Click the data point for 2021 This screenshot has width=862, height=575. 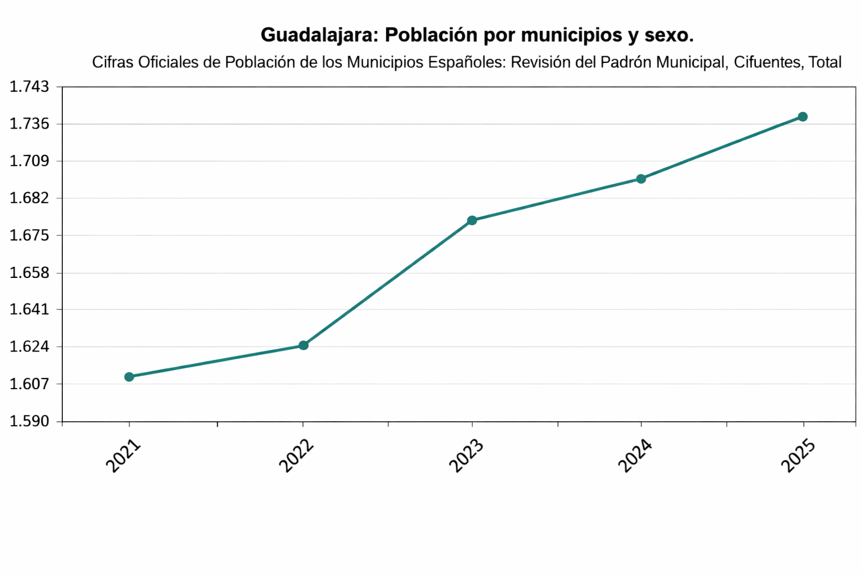pyautogui.click(x=129, y=377)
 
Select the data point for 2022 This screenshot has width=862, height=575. pyautogui.click(x=303, y=345)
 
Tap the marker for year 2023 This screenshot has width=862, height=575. pyautogui.click(x=472, y=220)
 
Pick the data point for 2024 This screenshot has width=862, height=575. pyautogui.click(x=641, y=179)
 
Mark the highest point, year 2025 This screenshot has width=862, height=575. pyautogui.click(x=803, y=117)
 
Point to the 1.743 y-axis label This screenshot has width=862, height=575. pyautogui.click(x=29, y=87)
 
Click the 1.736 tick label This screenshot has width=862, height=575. pyautogui.click(x=29, y=124)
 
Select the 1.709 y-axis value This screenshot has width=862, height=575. pyautogui.click(x=29, y=162)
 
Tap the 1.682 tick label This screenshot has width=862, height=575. pyautogui.click(x=29, y=198)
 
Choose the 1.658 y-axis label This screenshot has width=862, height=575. pyautogui.click(x=29, y=273)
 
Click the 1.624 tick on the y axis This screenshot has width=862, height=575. pyautogui.click(x=29, y=347)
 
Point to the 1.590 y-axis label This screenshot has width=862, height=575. pyautogui.click(x=29, y=421)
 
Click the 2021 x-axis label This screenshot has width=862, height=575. pyautogui.click(x=123, y=456)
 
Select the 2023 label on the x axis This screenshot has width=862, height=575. pyautogui.click(x=466, y=456)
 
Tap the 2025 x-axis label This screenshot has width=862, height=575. pyautogui.click(x=798, y=456)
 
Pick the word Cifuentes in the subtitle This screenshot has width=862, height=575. pyautogui.click(x=767, y=62)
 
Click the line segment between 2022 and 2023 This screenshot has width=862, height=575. pyautogui.click(x=387, y=283)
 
